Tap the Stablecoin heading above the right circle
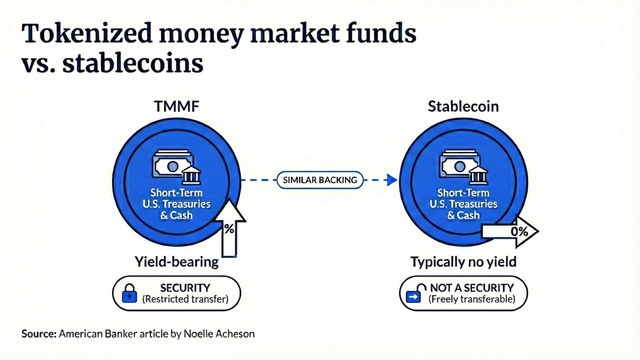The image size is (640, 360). tap(463, 106)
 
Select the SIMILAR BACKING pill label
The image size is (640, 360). tap(320, 180)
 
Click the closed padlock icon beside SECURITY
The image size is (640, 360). tap(129, 294)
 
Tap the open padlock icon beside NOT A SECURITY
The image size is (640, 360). tap(415, 294)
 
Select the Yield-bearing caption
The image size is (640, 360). tap(176, 261)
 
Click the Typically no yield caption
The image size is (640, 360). tap(463, 261)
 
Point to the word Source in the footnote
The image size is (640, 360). tap(38, 333)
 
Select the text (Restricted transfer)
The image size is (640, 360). tap(185, 299)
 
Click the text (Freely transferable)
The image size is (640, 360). tap(471, 299)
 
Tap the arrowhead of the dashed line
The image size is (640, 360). tap(392, 180)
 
